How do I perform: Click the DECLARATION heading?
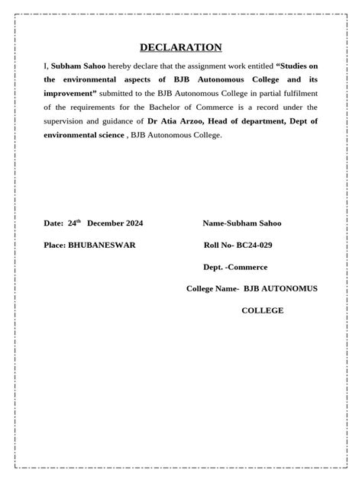tap(181, 47)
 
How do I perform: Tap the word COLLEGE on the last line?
tap(263, 310)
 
